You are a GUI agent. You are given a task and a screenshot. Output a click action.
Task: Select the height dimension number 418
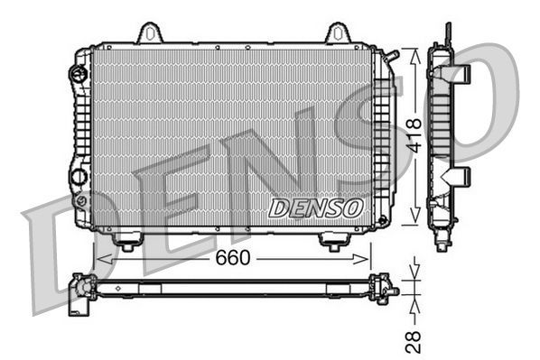[x=413, y=135]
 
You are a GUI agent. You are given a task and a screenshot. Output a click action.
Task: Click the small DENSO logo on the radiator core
[x=317, y=208]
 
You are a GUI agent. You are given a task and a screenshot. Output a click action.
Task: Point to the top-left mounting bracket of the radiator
[x=150, y=34]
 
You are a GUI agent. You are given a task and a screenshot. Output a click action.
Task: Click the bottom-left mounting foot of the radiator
[x=127, y=241]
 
